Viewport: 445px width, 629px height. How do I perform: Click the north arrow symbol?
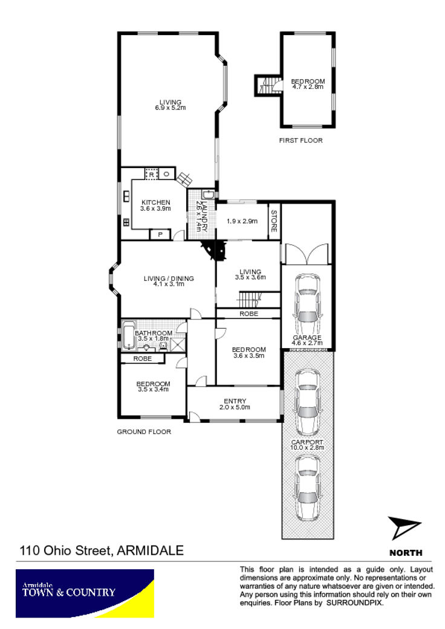pos(404,527)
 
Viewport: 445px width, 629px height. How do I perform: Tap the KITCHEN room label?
pos(156,202)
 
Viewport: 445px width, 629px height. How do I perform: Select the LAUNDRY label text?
pos(204,217)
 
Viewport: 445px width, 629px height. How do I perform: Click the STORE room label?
pos(274,221)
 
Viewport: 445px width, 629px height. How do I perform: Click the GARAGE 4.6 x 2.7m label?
pos(307,340)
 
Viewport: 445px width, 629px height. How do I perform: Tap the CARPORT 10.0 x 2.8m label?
pos(307,445)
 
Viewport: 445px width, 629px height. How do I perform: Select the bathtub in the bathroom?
pos(128,336)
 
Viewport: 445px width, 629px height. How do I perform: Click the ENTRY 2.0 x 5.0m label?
pos(235,404)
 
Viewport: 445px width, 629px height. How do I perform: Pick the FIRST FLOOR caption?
pos(301,140)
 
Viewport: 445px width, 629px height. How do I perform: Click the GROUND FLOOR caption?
pos(144,431)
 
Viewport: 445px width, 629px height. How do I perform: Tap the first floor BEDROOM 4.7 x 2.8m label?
pos(308,84)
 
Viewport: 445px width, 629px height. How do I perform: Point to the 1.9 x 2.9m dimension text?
pos(242,221)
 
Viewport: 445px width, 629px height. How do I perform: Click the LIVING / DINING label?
pos(169,279)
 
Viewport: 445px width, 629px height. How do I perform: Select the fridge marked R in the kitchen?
pos(151,174)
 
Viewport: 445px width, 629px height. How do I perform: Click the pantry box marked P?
pos(160,234)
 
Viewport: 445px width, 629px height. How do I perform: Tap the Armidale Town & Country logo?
pos(85,593)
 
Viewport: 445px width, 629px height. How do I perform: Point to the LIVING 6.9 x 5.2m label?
pos(171,105)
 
